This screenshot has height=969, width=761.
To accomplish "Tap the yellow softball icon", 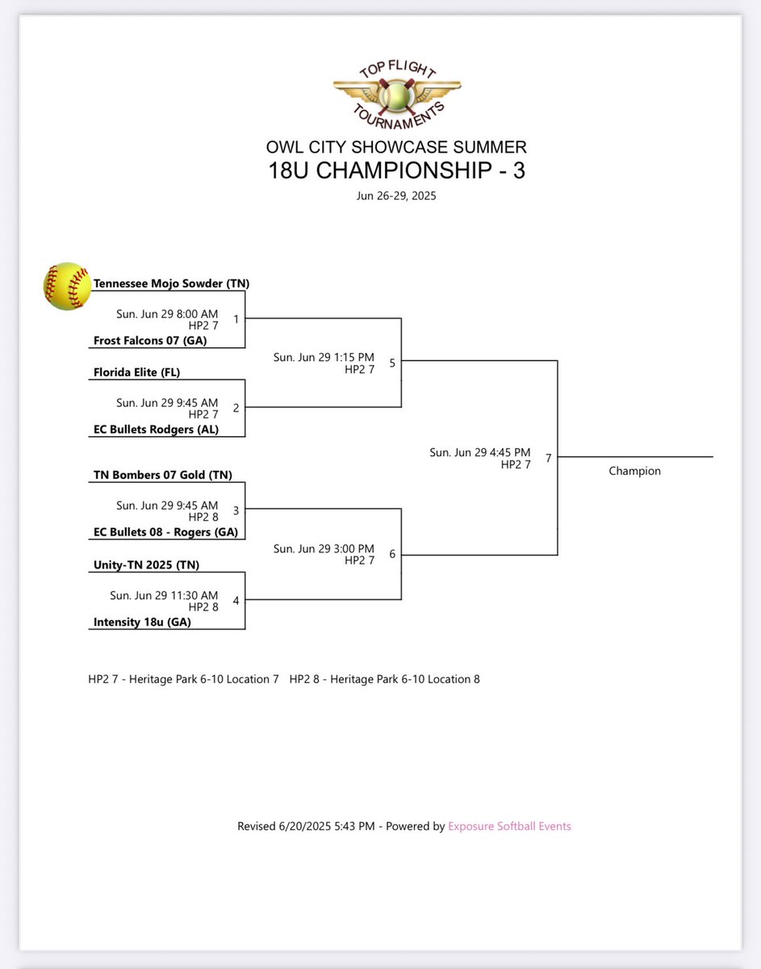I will [x=68, y=287].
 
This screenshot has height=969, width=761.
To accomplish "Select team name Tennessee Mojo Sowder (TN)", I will [x=171, y=283].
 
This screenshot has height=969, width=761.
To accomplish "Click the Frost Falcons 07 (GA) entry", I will [x=150, y=341].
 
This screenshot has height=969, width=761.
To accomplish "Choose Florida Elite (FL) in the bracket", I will [x=137, y=373].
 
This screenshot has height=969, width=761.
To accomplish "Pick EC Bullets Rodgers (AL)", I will [x=156, y=430].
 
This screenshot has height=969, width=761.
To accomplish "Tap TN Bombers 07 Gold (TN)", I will [x=162, y=476].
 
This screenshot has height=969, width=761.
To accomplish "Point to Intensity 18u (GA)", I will [x=142, y=622].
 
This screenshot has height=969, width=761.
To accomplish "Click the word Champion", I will [x=634, y=471].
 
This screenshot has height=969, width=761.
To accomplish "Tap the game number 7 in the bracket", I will [x=549, y=458].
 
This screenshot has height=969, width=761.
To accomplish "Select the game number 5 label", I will [x=392, y=363].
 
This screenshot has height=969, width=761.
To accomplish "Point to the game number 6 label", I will [x=392, y=553].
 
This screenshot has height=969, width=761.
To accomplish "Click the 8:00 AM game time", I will [x=167, y=313].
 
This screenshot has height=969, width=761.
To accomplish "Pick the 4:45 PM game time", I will [x=480, y=452].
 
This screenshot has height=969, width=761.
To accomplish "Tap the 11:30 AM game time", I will [x=164, y=594].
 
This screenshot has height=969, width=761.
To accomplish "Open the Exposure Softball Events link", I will [x=509, y=826].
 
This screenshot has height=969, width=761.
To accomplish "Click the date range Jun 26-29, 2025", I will [x=396, y=195].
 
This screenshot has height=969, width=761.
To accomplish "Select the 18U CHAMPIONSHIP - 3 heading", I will [x=396, y=170].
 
